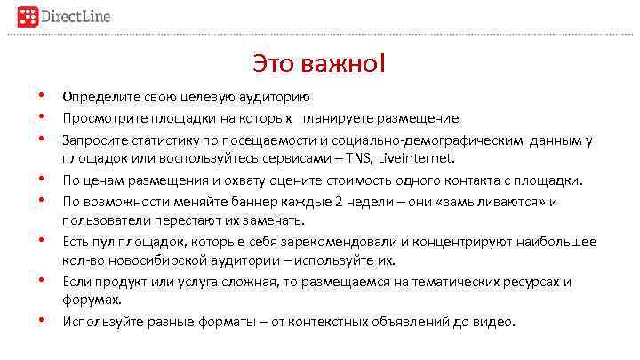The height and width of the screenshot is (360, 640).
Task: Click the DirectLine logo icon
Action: pyautogui.click(x=29, y=18)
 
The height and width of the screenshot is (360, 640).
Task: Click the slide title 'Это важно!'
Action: pyautogui.click(x=319, y=65)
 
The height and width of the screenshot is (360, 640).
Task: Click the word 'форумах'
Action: pyautogui.click(x=91, y=300)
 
